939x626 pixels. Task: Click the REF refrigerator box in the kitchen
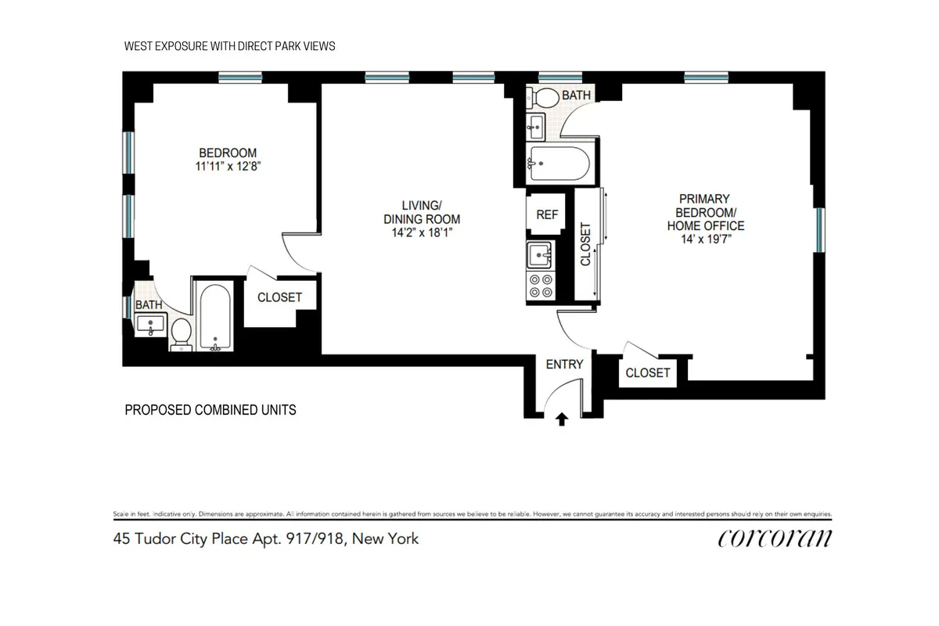click(x=546, y=214)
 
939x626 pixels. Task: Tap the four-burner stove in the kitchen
click(x=540, y=286)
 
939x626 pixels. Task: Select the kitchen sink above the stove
click(x=540, y=254)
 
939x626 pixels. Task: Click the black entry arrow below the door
click(x=561, y=420)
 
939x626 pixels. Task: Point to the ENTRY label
click(x=564, y=364)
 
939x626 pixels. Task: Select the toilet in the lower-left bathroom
click(x=182, y=333)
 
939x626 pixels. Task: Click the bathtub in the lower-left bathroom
click(x=214, y=316)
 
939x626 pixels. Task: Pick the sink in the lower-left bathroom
click(x=149, y=323)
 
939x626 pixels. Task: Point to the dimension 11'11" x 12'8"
click(x=228, y=166)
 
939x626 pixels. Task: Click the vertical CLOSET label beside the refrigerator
click(x=585, y=244)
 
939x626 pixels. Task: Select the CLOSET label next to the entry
click(x=648, y=372)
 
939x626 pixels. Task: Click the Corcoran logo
click(x=774, y=538)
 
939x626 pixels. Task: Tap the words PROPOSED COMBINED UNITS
click(x=210, y=409)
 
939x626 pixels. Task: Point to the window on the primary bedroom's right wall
click(x=819, y=230)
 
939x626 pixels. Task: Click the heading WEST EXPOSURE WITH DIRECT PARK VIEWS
click(x=229, y=46)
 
